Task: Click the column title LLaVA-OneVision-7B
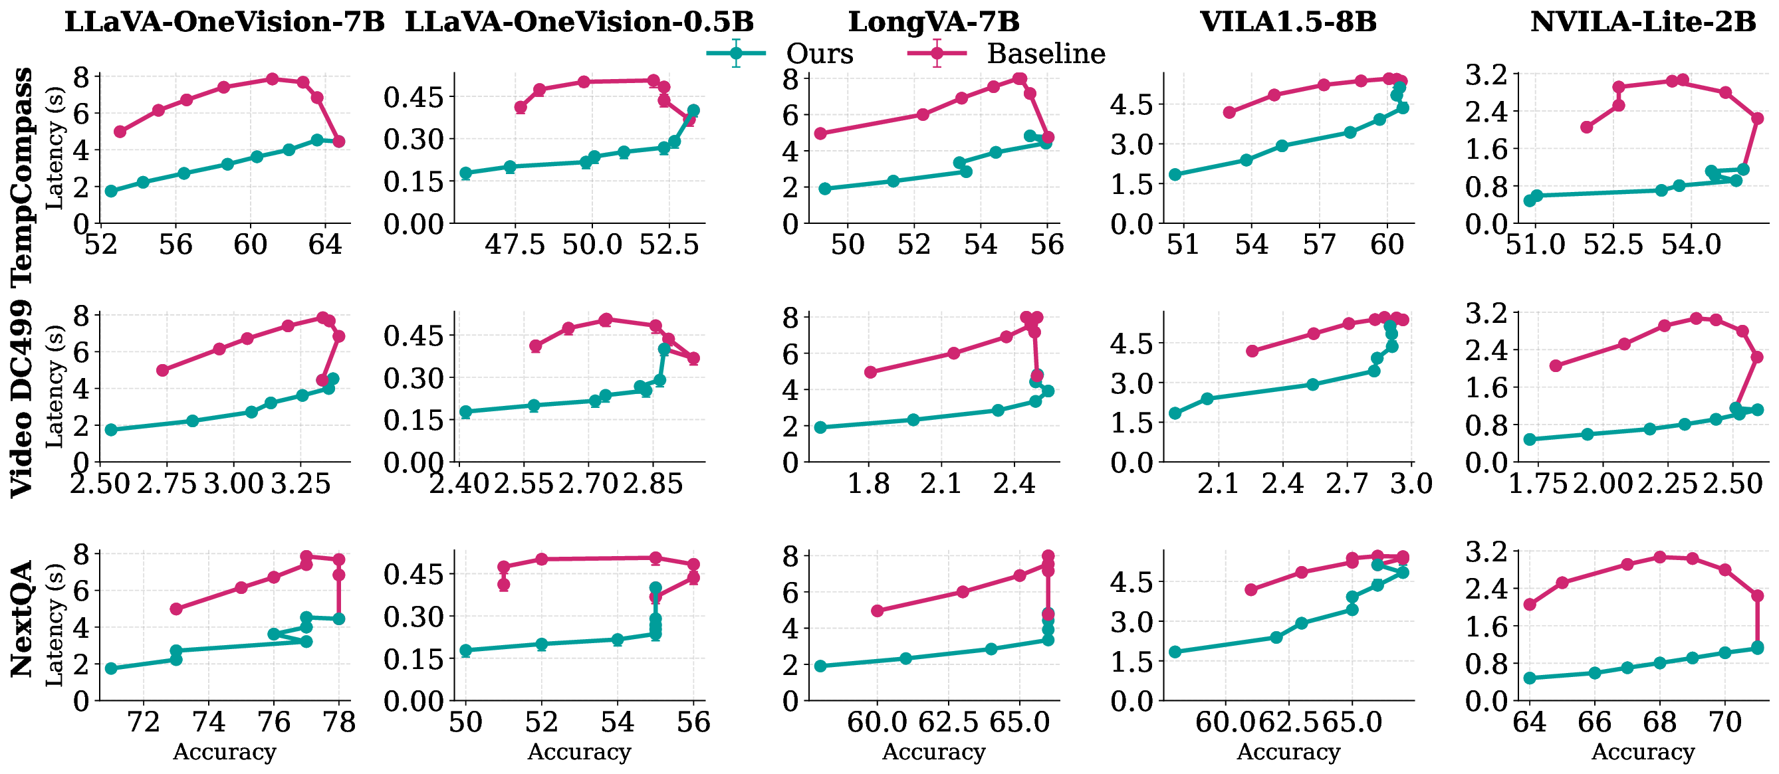(x=225, y=21)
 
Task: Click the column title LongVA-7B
(x=933, y=21)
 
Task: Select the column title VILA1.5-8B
(x=1288, y=21)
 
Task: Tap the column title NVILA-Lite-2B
(x=1643, y=21)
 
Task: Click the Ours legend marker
(x=736, y=53)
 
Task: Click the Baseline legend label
(x=1046, y=53)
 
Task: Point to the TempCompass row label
(x=22, y=176)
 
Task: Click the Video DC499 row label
(x=22, y=399)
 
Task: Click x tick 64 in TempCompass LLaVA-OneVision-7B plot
(x=324, y=244)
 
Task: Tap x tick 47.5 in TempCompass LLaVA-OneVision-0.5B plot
(x=515, y=244)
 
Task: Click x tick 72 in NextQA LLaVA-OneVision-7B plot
(x=144, y=722)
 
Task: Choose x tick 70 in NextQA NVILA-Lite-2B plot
(x=1724, y=722)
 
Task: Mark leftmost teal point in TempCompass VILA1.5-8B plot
(x=1175, y=175)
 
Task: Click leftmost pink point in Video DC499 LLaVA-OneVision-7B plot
(x=162, y=370)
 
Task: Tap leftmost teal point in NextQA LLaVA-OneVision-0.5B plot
(x=465, y=650)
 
